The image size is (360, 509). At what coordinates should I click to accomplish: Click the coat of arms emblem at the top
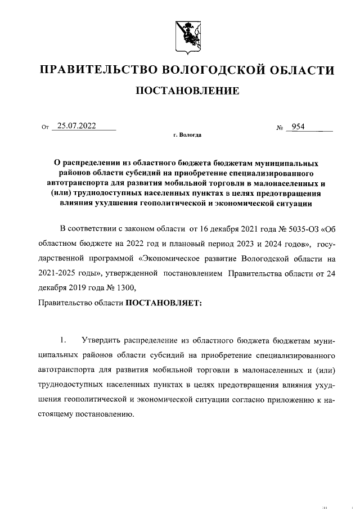point(187,31)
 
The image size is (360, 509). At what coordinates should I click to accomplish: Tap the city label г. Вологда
point(187,136)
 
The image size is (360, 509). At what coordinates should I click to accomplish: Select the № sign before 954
point(279,128)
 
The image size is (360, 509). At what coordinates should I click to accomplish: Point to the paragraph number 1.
point(64,341)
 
